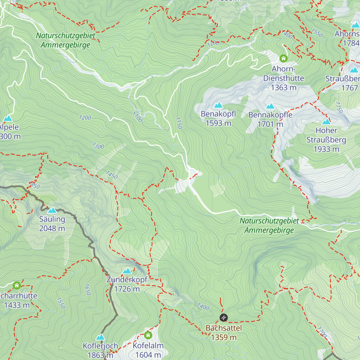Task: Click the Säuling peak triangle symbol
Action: (52, 210)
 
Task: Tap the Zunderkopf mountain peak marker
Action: (127, 271)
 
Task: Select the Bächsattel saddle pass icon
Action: (223, 317)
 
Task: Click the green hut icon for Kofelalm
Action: (148, 335)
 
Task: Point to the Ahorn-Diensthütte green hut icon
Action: (283, 58)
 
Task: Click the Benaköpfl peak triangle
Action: (218, 105)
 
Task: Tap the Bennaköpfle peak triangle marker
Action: (270, 106)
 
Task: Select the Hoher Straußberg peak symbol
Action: (326, 121)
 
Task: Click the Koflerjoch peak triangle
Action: (100, 337)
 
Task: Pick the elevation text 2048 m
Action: (52, 229)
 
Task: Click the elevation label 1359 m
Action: (224, 337)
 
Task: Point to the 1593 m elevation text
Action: (218, 123)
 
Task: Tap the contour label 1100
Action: (137, 117)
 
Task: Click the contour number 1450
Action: (112, 175)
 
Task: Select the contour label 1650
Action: (87, 289)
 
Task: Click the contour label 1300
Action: (98, 146)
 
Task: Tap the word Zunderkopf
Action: (127, 280)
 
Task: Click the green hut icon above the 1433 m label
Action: (17, 285)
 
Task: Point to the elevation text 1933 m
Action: (326, 149)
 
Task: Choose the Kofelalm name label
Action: (148, 346)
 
